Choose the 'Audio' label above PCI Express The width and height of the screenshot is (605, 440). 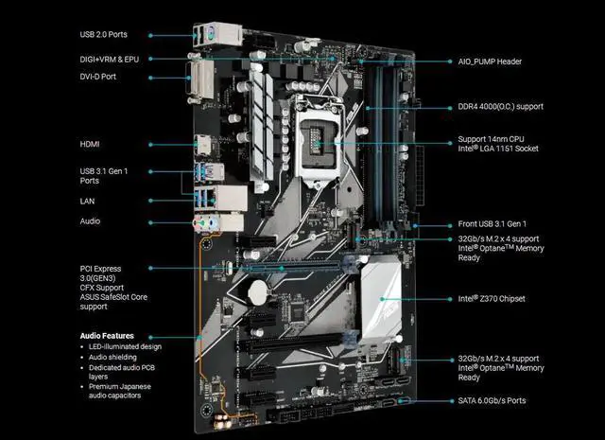pos(92,221)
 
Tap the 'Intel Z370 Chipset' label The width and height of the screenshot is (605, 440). pos(491,299)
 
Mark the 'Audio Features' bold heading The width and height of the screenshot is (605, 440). pos(108,336)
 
